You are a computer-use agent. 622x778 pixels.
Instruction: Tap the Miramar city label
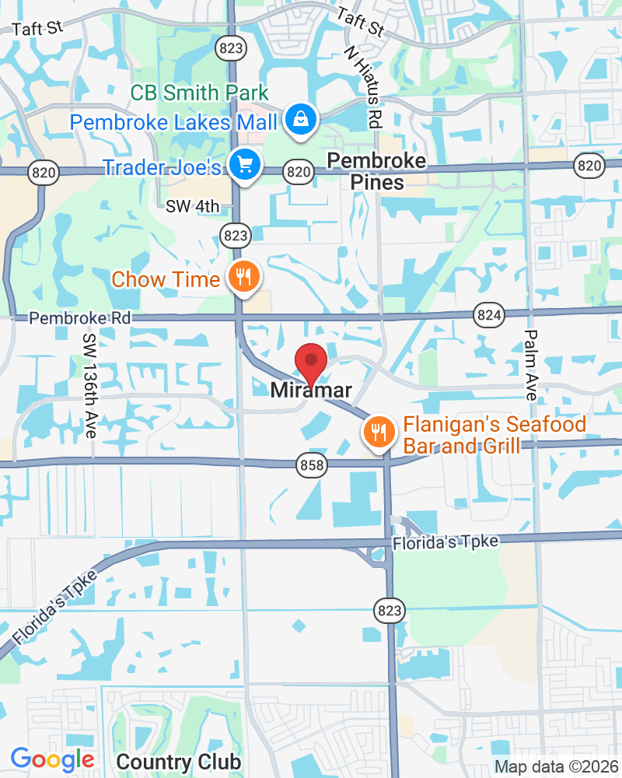coord(312,391)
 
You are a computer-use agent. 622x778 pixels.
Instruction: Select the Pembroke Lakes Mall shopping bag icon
coord(299,120)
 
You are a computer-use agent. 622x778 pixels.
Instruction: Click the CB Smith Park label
coord(199,93)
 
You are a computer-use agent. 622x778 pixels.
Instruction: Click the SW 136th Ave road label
coord(90,385)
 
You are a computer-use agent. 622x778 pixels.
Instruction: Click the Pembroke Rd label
coord(79,318)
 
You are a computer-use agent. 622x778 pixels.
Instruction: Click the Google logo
coord(53,759)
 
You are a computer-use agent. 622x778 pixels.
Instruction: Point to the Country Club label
coord(179,761)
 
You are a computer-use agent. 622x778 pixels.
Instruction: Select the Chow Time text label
coord(166,279)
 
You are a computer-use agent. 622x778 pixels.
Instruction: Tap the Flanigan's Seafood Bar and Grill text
coord(494,436)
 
